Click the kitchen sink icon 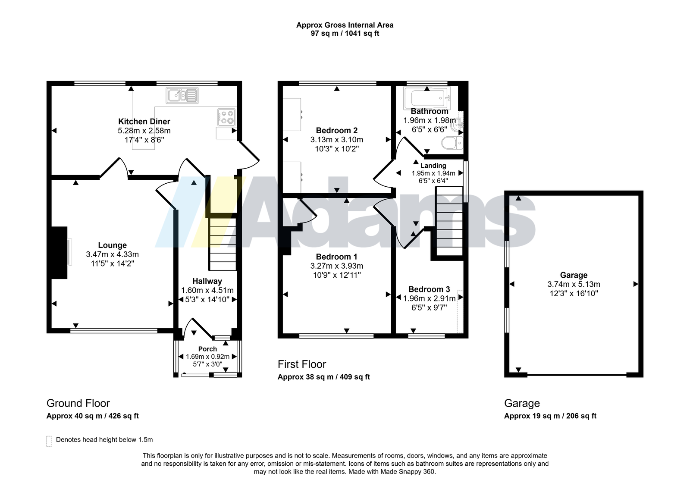pos(182,95)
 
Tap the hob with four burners pos(227,117)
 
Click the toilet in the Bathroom pos(452,143)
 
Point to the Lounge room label pos(113,245)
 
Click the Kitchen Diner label pos(144,121)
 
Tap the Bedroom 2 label pos(337,130)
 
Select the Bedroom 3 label pos(429,289)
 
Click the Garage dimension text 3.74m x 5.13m pos(574,284)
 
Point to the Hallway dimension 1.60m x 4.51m pos(207,290)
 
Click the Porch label pos(207,349)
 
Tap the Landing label pos(433,166)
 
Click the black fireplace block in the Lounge pos(59,253)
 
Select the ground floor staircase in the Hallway pos(223,244)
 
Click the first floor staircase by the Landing pos(449,221)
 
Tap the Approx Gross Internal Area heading pos(345,25)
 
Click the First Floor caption pos(302,364)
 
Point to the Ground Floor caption pos(78,403)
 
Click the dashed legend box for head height pos(49,441)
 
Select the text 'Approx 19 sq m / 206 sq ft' pos(550,416)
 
